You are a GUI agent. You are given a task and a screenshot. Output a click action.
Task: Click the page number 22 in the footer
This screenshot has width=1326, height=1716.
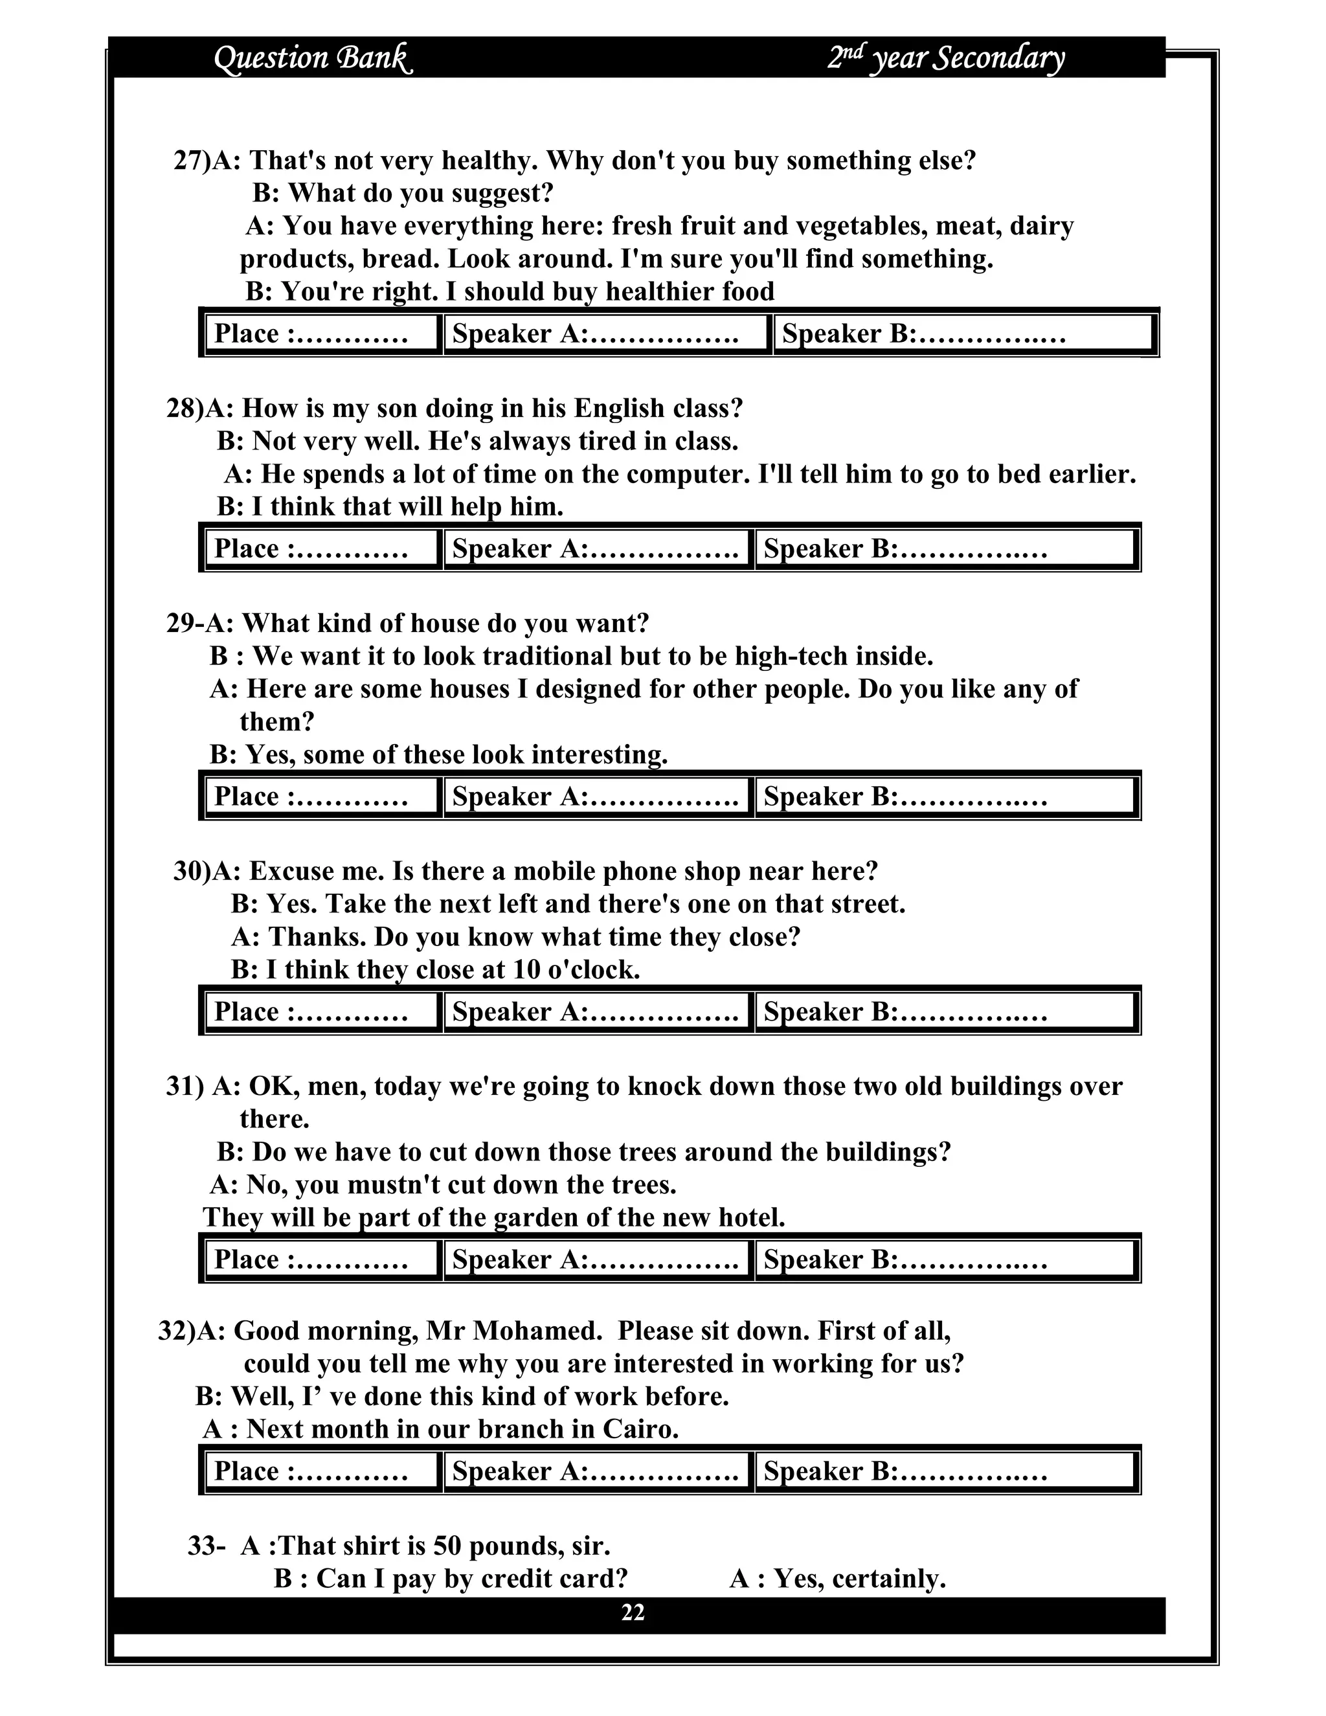633,1612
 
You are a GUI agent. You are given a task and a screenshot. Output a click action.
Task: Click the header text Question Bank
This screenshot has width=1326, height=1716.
313,58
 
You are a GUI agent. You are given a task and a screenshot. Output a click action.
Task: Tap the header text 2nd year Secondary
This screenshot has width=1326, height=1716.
946,58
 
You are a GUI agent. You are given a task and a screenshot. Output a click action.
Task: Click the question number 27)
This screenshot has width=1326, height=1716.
192,161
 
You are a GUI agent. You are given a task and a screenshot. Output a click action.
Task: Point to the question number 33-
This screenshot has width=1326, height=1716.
207,1546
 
